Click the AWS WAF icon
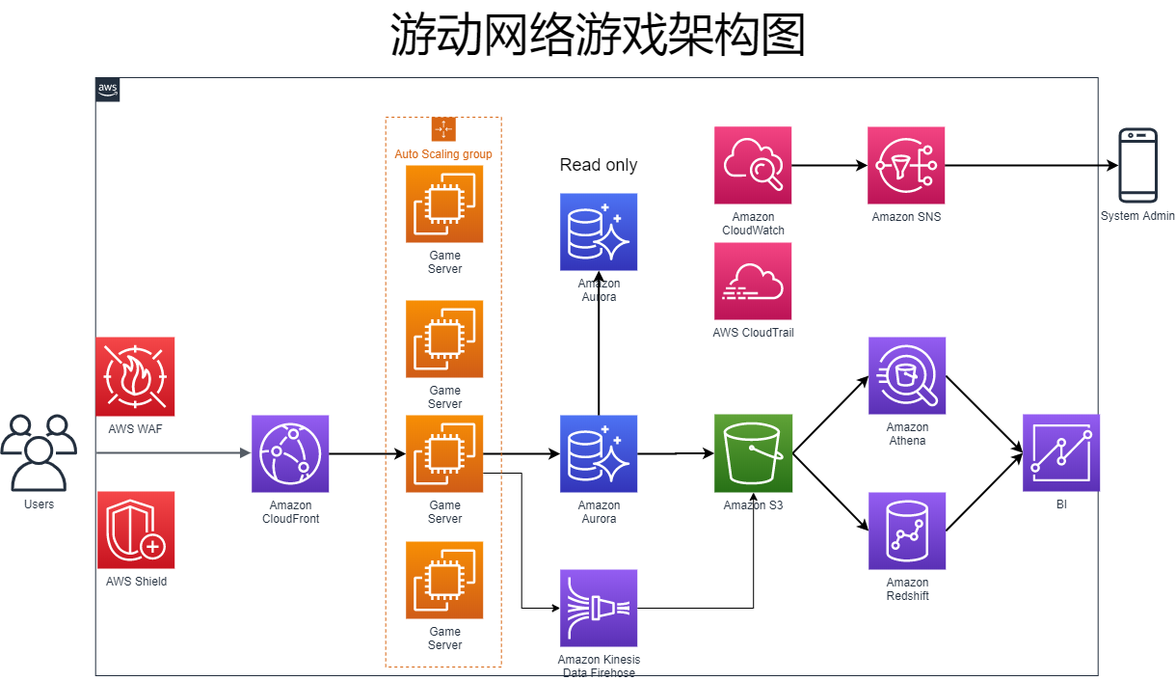pyautogui.click(x=136, y=376)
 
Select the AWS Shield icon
pyautogui.click(x=136, y=531)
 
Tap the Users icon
pyautogui.click(x=39, y=452)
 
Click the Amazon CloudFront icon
pyautogui.click(x=290, y=453)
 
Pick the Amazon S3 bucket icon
pyautogui.click(x=753, y=453)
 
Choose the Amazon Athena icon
pyautogui.click(x=907, y=376)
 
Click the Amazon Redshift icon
pyautogui.click(x=907, y=531)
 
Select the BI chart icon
pyautogui.click(x=1061, y=453)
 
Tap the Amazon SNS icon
pyautogui.click(x=907, y=165)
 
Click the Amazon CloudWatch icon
pyautogui.click(x=753, y=165)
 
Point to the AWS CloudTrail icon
pyautogui.click(x=753, y=281)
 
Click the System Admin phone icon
pyautogui.click(x=1137, y=165)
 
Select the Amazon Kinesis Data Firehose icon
pyautogui.click(x=599, y=608)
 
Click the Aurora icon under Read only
pyautogui.click(x=599, y=232)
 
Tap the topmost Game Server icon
pyautogui.click(x=444, y=204)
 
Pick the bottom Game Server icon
pyautogui.click(x=444, y=580)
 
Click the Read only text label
pyautogui.click(x=599, y=165)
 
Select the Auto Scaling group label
pyautogui.click(x=443, y=154)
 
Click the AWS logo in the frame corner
pyautogui.click(x=108, y=90)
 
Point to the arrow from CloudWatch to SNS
pyautogui.click(x=829, y=165)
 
